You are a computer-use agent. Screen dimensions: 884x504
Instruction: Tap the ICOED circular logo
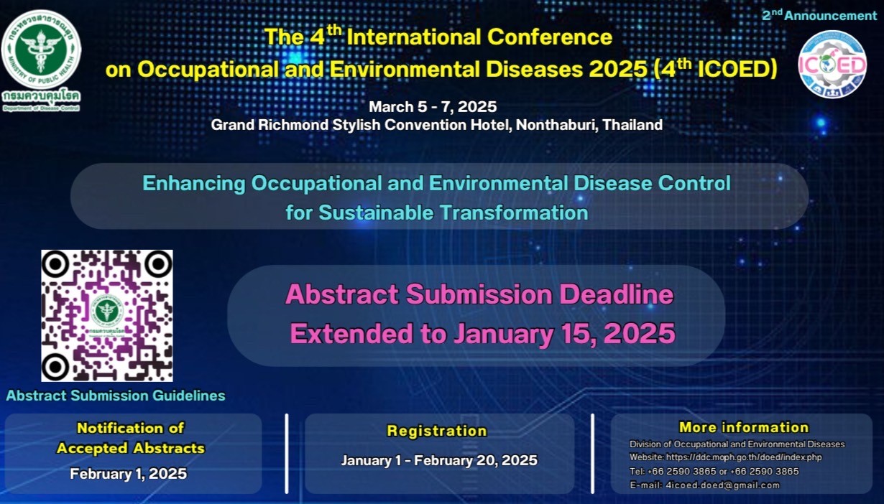pyautogui.click(x=832, y=65)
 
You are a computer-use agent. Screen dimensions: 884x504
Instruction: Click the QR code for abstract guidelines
pyautogui.click(x=107, y=315)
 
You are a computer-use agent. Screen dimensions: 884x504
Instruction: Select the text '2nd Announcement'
pyautogui.click(x=819, y=15)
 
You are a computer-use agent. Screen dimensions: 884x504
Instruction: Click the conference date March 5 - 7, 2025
pyautogui.click(x=433, y=106)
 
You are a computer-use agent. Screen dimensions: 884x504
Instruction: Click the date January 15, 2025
pyautogui.click(x=564, y=334)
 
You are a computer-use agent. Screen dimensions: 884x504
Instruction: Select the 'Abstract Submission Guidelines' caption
pyautogui.click(x=116, y=396)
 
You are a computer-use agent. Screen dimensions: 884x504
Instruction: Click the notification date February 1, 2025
pyautogui.click(x=128, y=474)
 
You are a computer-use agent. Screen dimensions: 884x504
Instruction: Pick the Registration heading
pyautogui.click(x=437, y=431)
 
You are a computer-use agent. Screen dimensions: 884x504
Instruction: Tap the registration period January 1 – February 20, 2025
pyautogui.click(x=439, y=460)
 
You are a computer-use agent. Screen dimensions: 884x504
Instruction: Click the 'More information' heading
pyautogui.click(x=744, y=427)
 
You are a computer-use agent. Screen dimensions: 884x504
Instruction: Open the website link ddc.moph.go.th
pyautogui.click(x=744, y=457)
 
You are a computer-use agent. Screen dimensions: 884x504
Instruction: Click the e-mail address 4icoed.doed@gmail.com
pyautogui.click(x=722, y=485)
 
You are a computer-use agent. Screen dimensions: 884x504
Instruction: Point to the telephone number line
pyautogui.click(x=714, y=471)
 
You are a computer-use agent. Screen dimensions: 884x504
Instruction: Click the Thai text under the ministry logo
pyautogui.click(x=41, y=96)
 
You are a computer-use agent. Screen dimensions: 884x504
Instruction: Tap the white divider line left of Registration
pyautogui.click(x=287, y=454)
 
